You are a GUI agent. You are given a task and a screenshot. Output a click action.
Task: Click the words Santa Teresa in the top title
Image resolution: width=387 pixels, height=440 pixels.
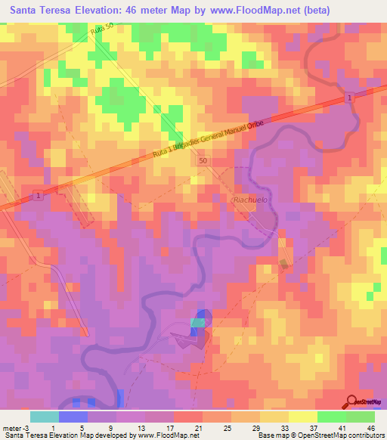[39, 10]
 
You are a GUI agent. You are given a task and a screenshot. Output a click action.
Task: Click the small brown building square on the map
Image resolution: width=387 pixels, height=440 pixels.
[283, 264]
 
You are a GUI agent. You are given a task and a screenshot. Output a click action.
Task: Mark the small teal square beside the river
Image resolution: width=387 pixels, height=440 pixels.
[197, 323]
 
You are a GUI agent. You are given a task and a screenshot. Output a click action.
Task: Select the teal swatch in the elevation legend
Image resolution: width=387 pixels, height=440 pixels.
[45, 417]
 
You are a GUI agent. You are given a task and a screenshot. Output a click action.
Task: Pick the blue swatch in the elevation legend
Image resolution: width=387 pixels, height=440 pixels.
[73, 417]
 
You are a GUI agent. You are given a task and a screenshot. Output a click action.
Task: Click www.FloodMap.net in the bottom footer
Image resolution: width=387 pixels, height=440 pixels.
[167, 435]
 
